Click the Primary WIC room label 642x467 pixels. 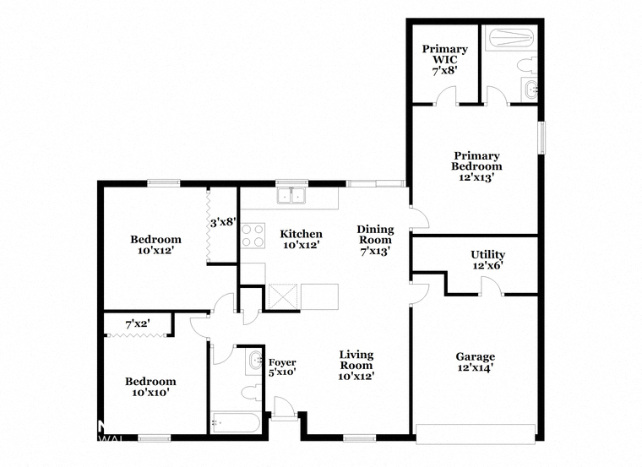pos(444,54)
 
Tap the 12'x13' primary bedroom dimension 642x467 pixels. pos(476,177)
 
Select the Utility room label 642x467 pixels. pos(487,254)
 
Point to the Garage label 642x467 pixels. pos(476,356)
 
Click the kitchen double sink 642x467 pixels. pos(291,196)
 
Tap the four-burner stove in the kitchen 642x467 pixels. pos(253,236)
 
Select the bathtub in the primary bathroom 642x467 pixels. pos(511,38)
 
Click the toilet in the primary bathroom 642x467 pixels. pos(527,65)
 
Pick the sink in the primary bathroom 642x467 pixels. pos(530,89)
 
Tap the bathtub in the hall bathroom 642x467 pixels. pos(236,422)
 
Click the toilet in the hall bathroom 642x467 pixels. pos(252,393)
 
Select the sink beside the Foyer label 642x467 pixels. pos(254,361)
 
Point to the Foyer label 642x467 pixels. pos(282,362)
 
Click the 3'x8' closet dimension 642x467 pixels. pos(224,223)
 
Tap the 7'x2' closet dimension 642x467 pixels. pos(138,324)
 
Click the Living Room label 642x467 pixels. pos(356,360)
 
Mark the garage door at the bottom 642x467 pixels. pos(476,434)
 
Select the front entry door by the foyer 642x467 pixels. pos(284,409)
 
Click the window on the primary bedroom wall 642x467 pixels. pos(541,137)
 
